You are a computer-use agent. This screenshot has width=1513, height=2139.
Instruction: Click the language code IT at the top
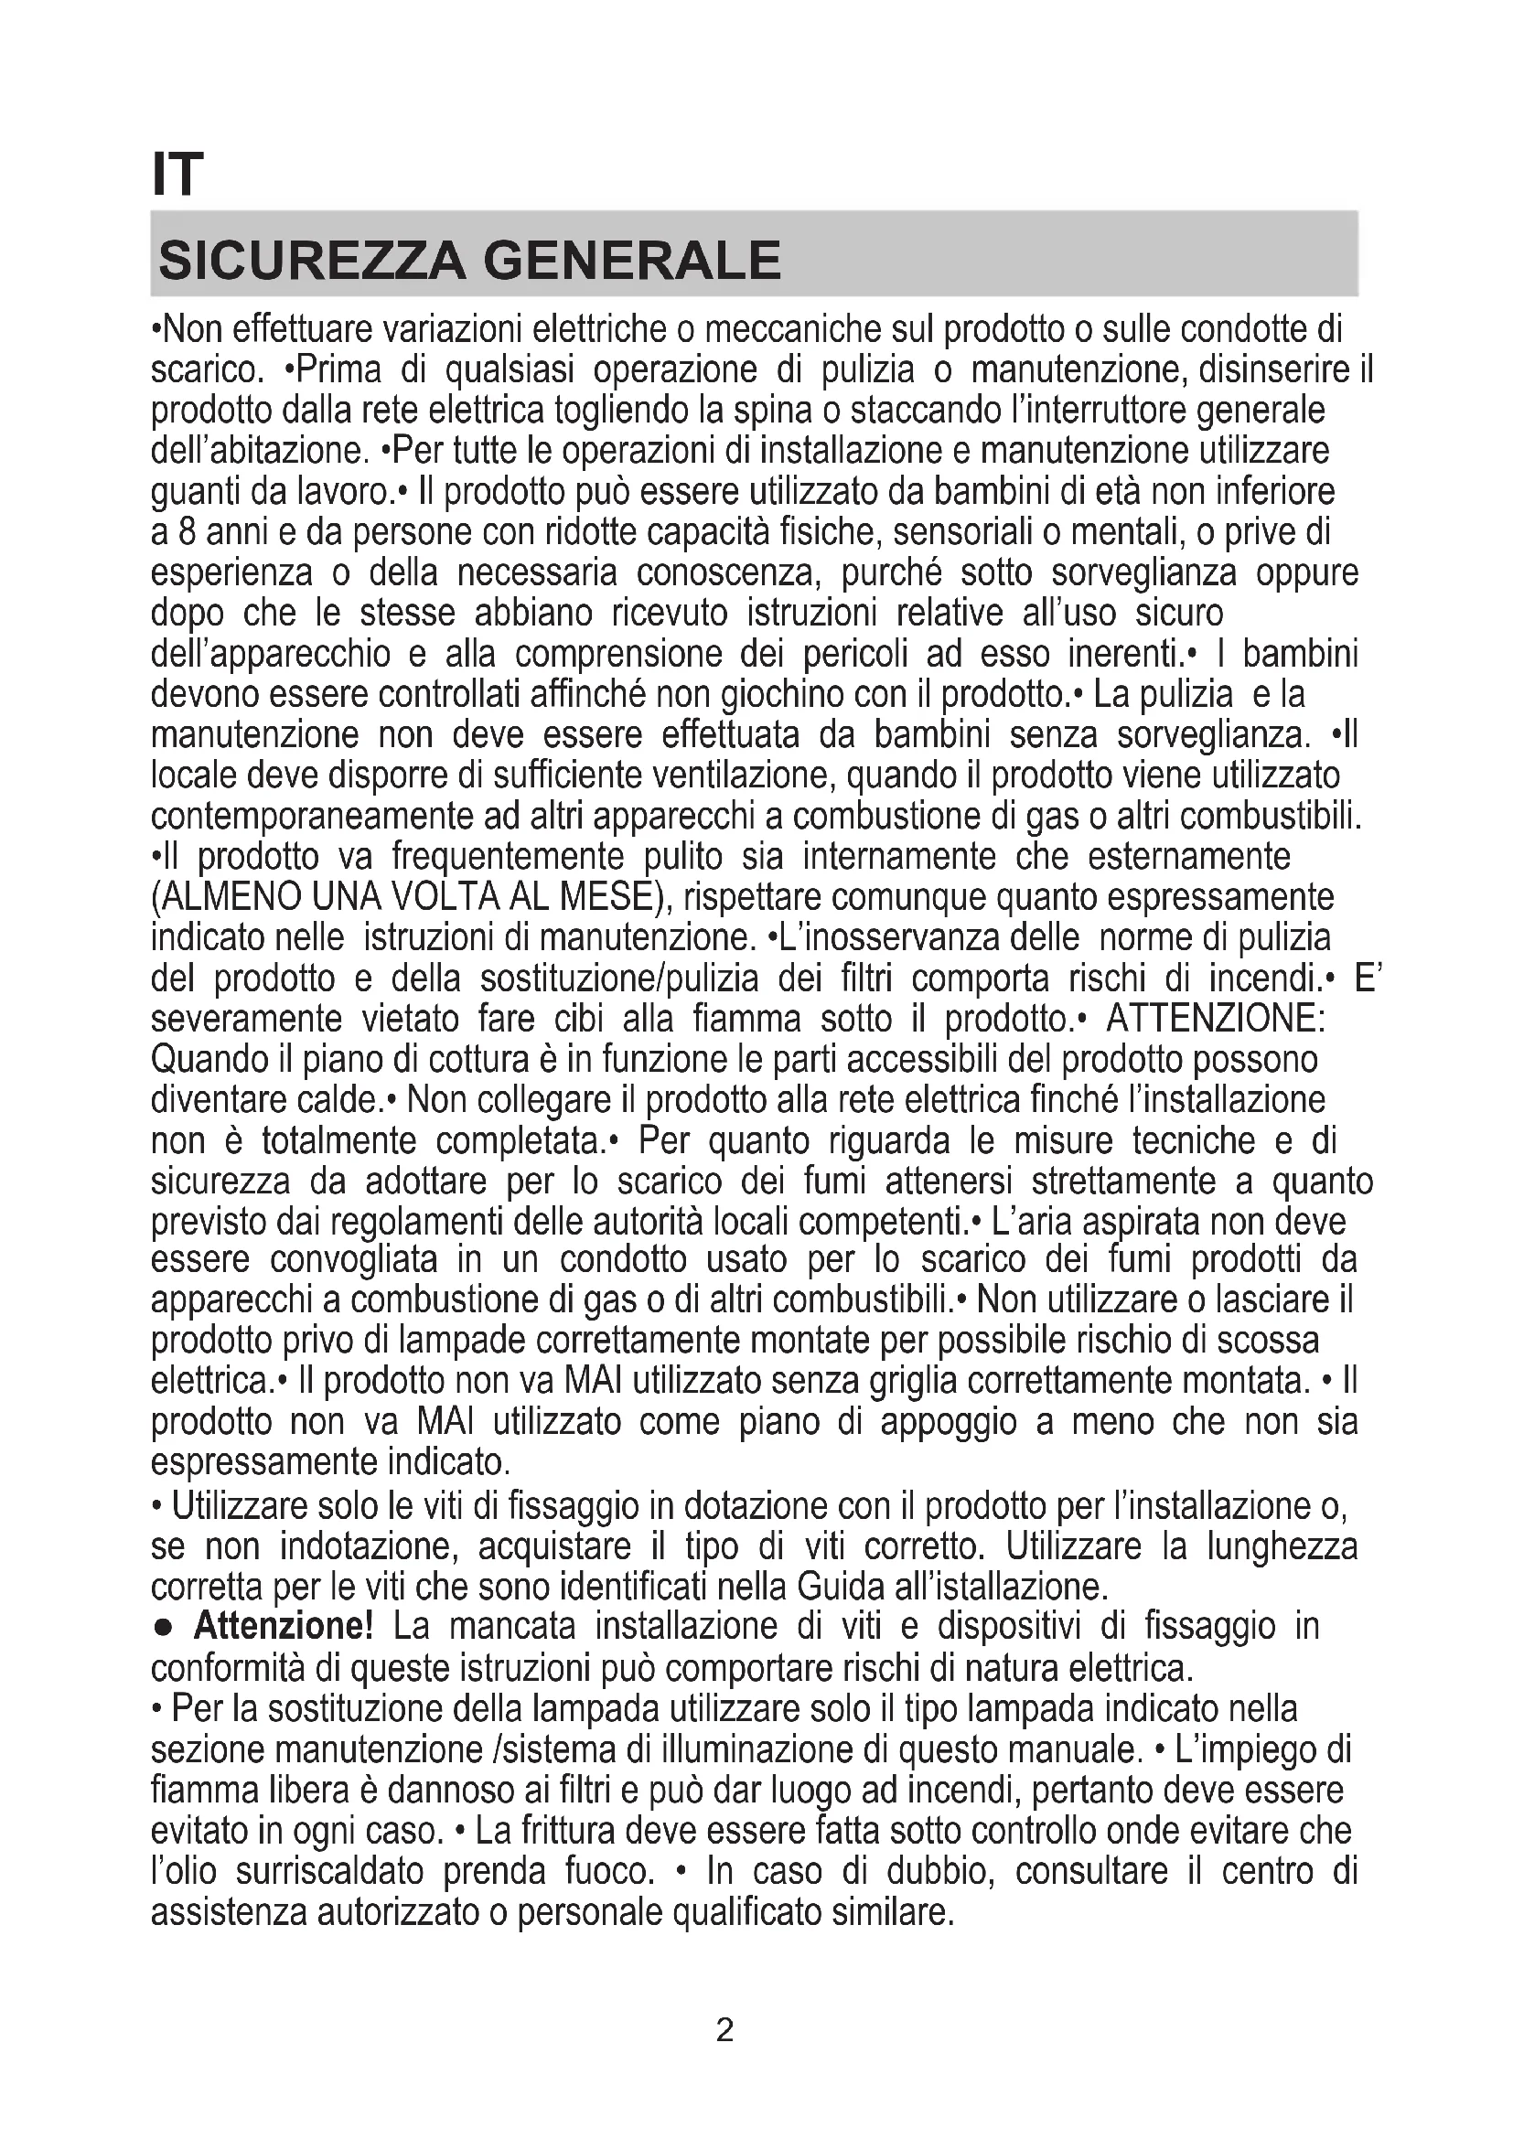pos(177,175)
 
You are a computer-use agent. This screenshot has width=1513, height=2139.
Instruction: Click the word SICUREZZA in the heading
pos(311,261)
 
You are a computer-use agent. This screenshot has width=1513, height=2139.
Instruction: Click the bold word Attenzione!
pos(284,1626)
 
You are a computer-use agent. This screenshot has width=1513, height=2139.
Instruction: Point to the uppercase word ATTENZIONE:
pos(1215,1019)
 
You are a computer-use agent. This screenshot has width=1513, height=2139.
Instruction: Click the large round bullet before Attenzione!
pos(162,1628)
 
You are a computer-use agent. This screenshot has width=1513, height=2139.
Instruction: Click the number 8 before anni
pos(186,533)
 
